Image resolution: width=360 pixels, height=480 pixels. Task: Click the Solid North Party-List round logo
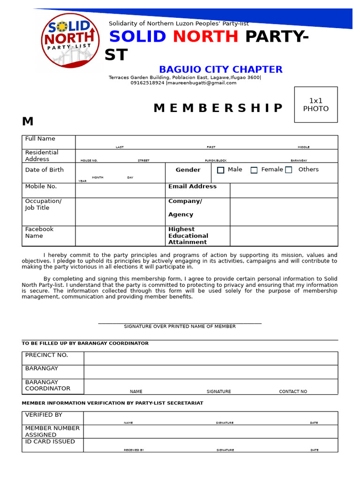(x=70, y=40)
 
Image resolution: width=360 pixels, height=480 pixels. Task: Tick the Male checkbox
(x=221, y=170)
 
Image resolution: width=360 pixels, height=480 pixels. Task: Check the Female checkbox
(x=254, y=170)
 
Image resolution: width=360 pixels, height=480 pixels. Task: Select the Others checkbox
(x=289, y=170)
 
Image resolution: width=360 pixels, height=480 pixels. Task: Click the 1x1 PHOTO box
(x=315, y=105)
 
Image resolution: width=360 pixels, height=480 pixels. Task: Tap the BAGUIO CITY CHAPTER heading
(x=220, y=70)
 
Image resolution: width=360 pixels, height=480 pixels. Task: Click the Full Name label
(x=40, y=139)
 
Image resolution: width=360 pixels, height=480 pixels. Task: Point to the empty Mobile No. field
(x=120, y=190)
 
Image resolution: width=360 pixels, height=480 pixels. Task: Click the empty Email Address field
(x=284, y=190)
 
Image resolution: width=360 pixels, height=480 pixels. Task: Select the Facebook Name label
(x=39, y=232)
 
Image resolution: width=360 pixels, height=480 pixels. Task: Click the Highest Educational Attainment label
(x=188, y=236)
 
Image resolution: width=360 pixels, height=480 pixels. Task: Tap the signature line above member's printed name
(x=180, y=322)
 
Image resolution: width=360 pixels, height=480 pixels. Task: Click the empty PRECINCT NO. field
(x=210, y=359)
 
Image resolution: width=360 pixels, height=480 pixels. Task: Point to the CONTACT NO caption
(x=293, y=391)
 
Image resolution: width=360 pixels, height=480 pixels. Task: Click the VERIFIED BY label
(x=44, y=415)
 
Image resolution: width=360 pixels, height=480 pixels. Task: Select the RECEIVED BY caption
(x=134, y=450)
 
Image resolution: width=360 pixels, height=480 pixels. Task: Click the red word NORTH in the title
(x=205, y=37)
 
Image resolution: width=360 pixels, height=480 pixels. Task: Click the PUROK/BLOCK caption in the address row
(x=216, y=161)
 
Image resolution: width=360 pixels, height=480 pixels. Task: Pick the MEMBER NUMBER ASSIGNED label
(x=52, y=431)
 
